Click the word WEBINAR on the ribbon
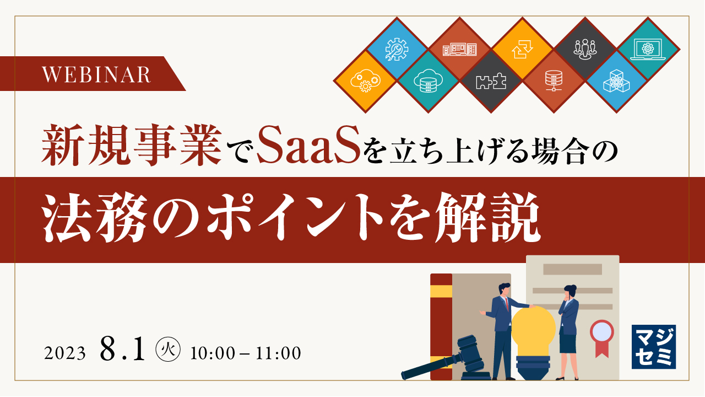[97, 74]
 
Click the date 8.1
[122, 350]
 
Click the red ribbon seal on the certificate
[601, 334]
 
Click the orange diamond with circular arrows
[522, 49]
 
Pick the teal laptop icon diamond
[648, 49]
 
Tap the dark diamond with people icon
[585, 49]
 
